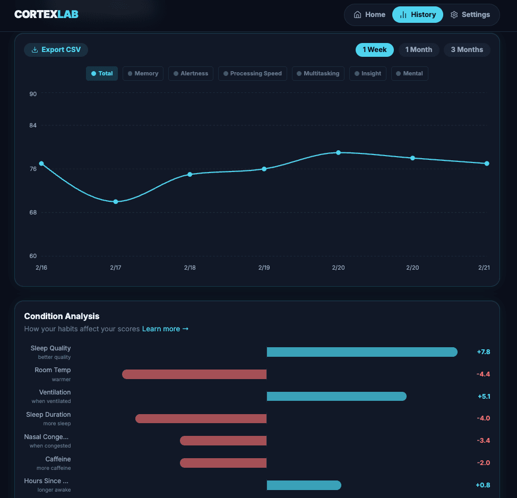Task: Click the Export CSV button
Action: click(x=56, y=50)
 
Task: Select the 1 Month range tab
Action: click(x=418, y=50)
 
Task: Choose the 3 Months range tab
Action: click(x=467, y=50)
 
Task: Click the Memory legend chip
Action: click(x=143, y=73)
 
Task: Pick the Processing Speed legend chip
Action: click(x=253, y=73)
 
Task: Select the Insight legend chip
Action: click(x=368, y=73)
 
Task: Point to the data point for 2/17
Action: click(x=116, y=202)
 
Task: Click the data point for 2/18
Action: click(x=190, y=174)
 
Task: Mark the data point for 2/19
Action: click(x=264, y=169)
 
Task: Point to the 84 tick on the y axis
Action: click(x=33, y=125)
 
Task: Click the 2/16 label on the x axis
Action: click(x=41, y=268)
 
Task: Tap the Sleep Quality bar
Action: click(x=361, y=352)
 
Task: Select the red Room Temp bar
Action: click(x=194, y=374)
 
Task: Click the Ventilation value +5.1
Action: click(x=483, y=396)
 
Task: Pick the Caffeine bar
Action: click(x=223, y=463)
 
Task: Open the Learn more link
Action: click(x=165, y=329)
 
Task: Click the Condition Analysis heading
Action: click(x=62, y=316)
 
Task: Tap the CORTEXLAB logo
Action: click(x=46, y=14)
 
